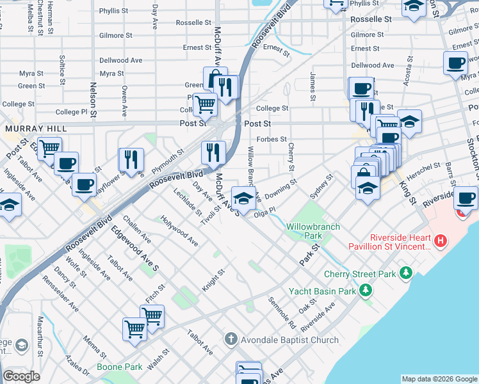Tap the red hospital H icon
pyautogui.click(x=440, y=241)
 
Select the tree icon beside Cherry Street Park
pyautogui.click(x=405, y=274)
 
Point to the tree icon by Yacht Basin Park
pyautogui.click(x=366, y=291)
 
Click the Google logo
pyautogui.click(x=20, y=376)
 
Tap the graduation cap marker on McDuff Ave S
pyautogui.click(x=242, y=198)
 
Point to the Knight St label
pyautogui.click(x=213, y=280)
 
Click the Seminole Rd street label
pyautogui.click(x=282, y=310)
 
